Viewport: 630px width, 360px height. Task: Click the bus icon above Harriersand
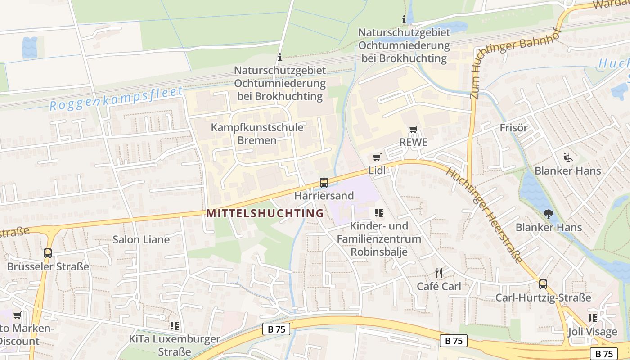pos(324,183)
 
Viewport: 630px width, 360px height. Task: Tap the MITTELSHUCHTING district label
pos(265,213)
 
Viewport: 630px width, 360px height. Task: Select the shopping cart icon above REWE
pos(413,130)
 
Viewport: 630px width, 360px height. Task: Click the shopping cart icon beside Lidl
pos(377,157)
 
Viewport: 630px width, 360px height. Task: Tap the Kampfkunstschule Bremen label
pos(257,134)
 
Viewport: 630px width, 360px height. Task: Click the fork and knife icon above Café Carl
pos(439,273)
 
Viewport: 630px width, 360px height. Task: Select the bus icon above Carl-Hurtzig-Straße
pos(543,284)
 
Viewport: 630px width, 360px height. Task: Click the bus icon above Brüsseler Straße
pos(48,253)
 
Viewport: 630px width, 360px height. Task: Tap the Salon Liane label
pos(141,239)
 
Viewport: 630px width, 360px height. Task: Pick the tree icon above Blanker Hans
pos(548,214)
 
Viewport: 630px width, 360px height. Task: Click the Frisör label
pos(513,128)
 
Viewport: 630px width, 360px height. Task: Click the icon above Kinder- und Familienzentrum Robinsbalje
pos(378,212)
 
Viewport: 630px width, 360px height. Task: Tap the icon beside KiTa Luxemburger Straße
pos(174,325)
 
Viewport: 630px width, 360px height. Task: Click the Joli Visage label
pos(592,332)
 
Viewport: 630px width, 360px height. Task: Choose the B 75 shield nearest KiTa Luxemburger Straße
pos(276,329)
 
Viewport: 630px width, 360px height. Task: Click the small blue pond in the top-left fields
pos(30,48)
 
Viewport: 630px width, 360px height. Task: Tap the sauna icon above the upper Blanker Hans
pos(568,157)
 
